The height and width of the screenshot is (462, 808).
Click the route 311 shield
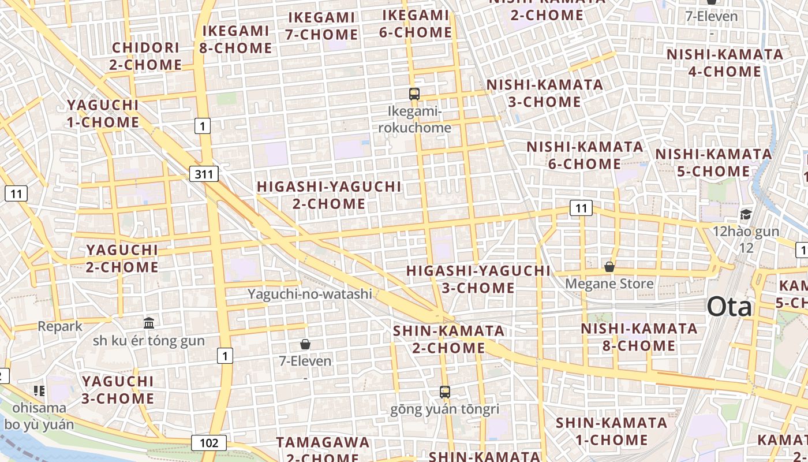[x=203, y=173]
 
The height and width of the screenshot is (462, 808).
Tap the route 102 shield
[x=209, y=443]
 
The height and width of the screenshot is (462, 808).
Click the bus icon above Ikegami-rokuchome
[x=414, y=94]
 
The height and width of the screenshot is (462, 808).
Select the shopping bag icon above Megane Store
[x=609, y=266]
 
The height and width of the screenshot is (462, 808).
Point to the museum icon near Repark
[x=149, y=323]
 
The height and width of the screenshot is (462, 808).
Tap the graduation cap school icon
[x=746, y=215]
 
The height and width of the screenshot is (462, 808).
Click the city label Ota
[x=730, y=307]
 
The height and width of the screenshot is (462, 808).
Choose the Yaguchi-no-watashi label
[x=310, y=294]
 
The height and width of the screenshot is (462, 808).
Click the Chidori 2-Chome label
[x=145, y=56]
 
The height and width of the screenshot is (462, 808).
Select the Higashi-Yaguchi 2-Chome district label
[x=329, y=195]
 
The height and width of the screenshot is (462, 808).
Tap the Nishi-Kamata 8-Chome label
[x=639, y=337]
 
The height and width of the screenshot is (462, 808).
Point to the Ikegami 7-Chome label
[x=321, y=26]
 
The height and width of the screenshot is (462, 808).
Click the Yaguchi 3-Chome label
[x=118, y=390]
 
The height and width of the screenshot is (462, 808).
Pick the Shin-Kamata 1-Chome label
[x=611, y=431]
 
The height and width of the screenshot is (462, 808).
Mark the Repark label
[x=60, y=326]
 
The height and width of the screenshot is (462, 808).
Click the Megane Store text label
[x=609, y=284]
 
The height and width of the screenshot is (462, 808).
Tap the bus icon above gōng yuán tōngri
[x=444, y=392]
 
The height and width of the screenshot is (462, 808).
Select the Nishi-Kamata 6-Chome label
[x=585, y=155]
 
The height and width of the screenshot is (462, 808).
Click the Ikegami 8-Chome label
[x=235, y=39]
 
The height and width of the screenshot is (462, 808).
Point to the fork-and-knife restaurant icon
[x=39, y=391]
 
